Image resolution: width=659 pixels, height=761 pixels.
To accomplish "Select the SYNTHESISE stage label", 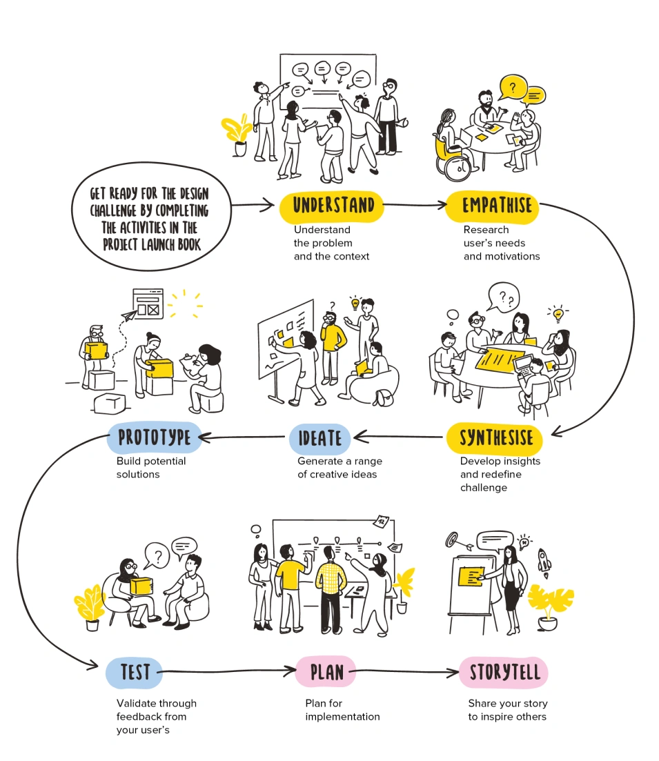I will point(495,437).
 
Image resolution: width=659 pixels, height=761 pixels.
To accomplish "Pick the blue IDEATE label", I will point(319,437).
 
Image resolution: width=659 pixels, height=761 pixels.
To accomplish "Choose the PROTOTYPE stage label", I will point(154,437).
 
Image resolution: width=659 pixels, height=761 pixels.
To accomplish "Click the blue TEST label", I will point(134,671).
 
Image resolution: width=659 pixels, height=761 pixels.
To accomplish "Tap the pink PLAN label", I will point(326,671).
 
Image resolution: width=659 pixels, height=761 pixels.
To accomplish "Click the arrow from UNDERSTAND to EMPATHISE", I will point(414,205).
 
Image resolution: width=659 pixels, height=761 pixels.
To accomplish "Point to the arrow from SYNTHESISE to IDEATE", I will point(398,437).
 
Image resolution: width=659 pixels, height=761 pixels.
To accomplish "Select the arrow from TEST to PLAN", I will point(228,671).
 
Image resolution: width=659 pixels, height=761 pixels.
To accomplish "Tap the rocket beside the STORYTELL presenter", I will point(544,562).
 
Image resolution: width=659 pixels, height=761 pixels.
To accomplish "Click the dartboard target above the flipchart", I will point(454,538).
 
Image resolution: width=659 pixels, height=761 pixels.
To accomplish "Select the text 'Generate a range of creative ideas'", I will point(340,468).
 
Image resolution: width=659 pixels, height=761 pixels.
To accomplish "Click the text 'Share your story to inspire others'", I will point(507,710).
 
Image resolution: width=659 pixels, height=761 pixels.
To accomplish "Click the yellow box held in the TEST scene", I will point(141,586).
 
